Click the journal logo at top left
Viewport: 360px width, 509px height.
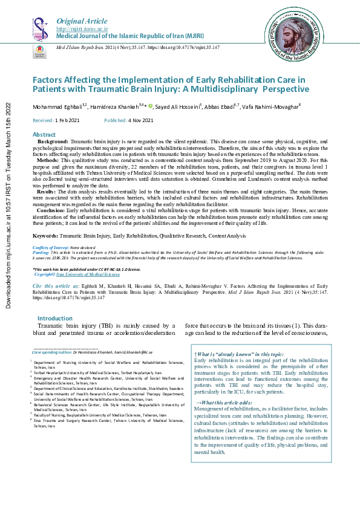pos(41,30)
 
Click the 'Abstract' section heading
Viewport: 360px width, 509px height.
pos(44,134)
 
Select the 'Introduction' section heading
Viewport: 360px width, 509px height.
pos(55,318)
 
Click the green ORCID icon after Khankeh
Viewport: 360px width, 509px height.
pos(151,105)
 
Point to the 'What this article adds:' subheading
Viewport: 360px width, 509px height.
pos(225,403)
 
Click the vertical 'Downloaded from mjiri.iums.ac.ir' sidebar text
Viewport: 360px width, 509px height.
pos(8,206)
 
